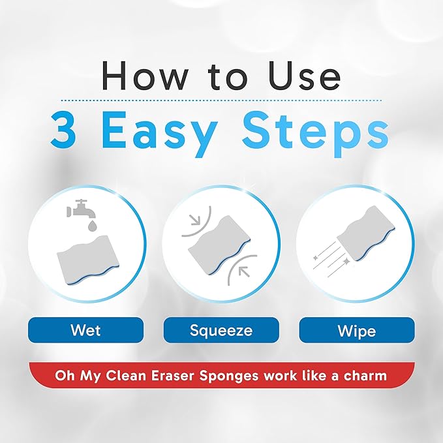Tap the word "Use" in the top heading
[x=305, y=76]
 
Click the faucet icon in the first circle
[x=77, y=207]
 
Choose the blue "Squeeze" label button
[x=221, y=330]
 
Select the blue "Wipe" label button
[x=356, y=330]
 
